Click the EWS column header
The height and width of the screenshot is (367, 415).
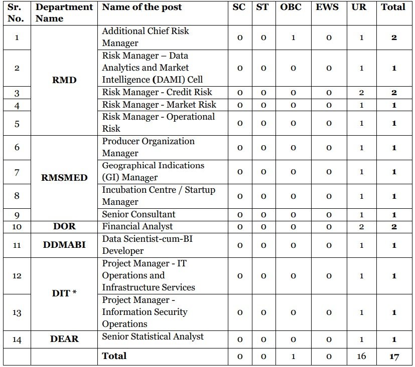327,8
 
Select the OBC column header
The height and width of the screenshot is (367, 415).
291,8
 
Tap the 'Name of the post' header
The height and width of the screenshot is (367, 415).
142,8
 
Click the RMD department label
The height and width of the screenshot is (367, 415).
64,80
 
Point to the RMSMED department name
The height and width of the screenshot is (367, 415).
64,178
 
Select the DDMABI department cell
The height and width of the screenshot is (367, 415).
64,245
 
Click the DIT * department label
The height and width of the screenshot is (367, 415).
64,293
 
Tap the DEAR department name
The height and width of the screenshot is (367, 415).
64,339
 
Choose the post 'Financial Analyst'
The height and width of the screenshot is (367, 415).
137,226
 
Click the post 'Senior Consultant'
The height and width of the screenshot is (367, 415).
139,214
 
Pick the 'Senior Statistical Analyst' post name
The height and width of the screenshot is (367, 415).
153,336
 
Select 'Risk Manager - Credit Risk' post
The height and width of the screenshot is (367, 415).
157,92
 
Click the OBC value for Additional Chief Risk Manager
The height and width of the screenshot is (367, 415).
293,38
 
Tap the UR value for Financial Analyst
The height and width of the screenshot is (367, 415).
361,227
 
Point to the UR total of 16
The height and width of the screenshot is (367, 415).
361,356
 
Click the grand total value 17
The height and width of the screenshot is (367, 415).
394,356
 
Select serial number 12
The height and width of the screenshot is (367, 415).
17,276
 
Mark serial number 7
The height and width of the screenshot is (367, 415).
17,172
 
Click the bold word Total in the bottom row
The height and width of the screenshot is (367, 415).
114,356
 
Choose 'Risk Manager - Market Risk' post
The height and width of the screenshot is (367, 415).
159,105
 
